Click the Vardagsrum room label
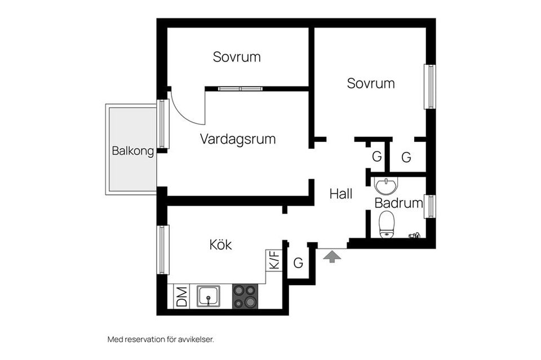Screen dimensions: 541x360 click(x=238, y=139)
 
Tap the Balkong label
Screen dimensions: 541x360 click(x=133, y=150)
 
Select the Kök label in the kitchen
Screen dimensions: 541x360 click(x=220, y=245)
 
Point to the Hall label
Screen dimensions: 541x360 click(x=341, y=194)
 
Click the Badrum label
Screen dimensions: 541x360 click(x=399, y=203)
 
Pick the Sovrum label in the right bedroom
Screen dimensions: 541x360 click(x=371, y=83)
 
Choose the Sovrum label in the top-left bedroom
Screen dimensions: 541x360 click(x=237, y=57)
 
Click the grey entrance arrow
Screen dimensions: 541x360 click(x=332, y=256)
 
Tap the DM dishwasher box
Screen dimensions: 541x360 click(x=181, y=296)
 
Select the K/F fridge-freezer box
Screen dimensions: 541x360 click(x=274, y=260)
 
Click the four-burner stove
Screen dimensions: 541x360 click(x=245, y=296)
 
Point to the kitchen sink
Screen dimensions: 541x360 click(x=209, y=296)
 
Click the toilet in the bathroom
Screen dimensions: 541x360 click(x=387, y=224)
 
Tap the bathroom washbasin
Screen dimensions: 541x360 click(x=386, y=186)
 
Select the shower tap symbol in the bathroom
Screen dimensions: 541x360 click(x=414, y=235)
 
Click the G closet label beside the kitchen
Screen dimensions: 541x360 click(x=299, y=263)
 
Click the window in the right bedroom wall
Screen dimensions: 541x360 click(x=430, y=87)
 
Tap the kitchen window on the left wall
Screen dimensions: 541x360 click(x=163, y=250)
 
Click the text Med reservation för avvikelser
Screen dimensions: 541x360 click(x=161, y=339)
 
